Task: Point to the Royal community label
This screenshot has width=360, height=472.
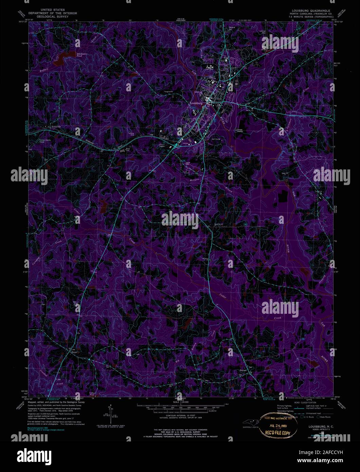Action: [x=74, y=352]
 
